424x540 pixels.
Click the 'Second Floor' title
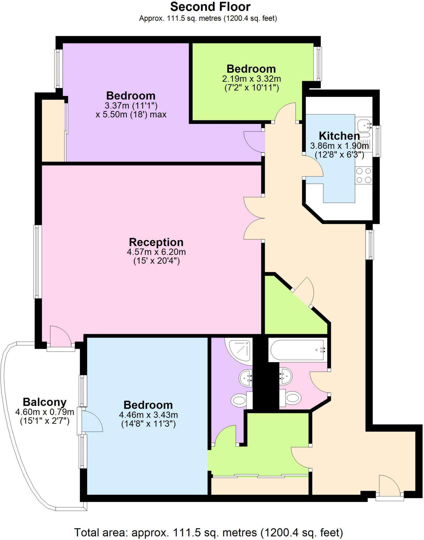(210, 7)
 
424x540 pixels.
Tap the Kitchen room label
(339, 136)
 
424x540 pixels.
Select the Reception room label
(156, 242)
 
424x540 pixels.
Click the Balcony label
(45, 402)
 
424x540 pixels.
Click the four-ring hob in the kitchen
(364, 176)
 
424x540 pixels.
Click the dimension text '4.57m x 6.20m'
(156, 252)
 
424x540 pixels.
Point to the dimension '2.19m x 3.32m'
(251, 79)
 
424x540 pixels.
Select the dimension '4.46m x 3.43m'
(148, 415)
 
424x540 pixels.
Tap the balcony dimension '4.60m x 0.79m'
(45, 412)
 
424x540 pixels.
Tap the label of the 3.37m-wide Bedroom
(131, 96)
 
